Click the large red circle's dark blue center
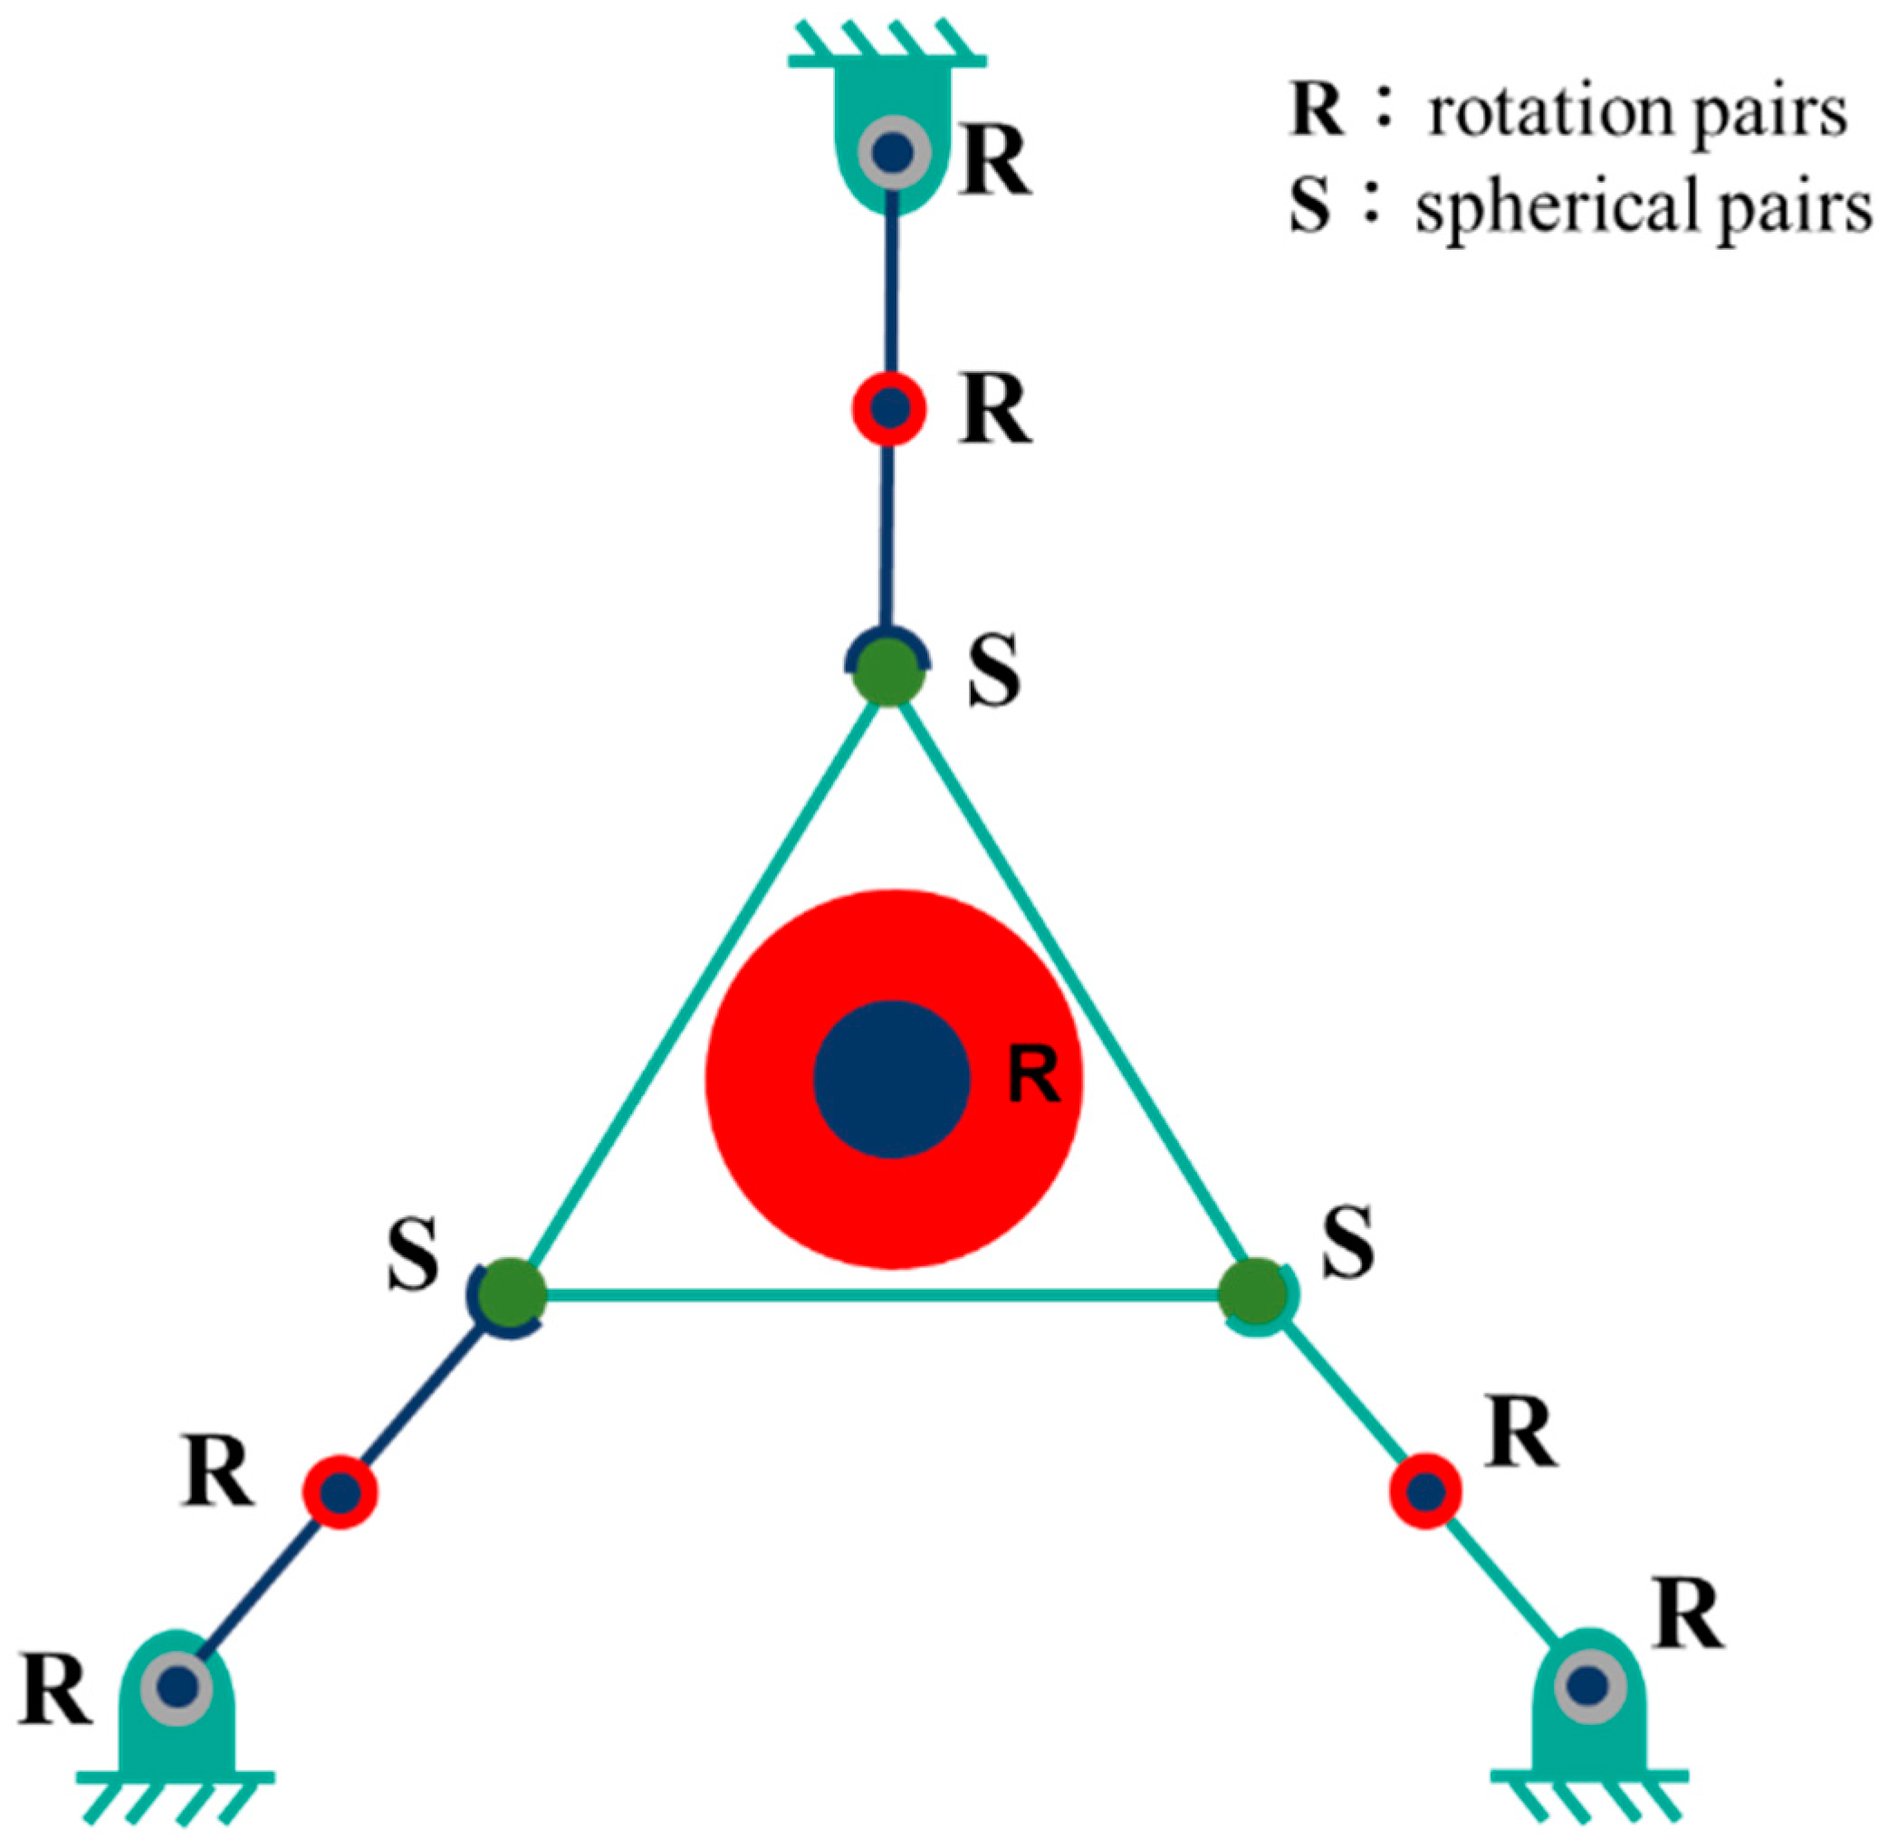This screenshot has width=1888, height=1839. coord(891,1079)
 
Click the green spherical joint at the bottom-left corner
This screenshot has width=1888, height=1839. coord(513,1293)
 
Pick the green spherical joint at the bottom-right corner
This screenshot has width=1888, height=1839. coord(1252,1293)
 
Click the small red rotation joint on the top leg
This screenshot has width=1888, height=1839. coord(889,408)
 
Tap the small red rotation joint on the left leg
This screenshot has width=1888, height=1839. coord(340,1492)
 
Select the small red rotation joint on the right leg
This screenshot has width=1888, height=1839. coord(1425,1491)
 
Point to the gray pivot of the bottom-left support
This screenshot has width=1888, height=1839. coord(176,1687)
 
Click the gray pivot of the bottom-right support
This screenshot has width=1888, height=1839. coord(1588,1686)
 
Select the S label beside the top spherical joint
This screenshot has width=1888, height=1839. coord(994,672)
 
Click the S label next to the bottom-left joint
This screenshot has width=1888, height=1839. coord(414,1254)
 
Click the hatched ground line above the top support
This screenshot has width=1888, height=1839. coord(887,60)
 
